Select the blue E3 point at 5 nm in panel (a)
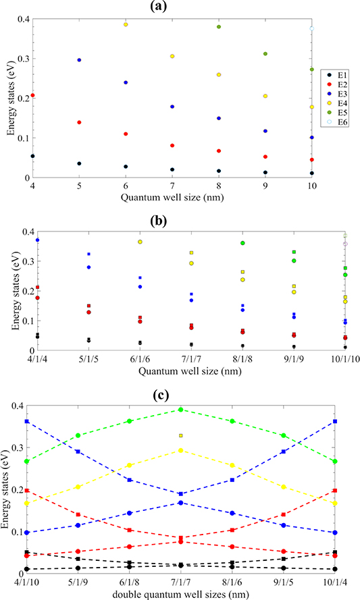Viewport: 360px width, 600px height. click(x=79, y=60)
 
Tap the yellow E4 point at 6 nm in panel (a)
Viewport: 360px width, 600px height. click(x=126, y=24)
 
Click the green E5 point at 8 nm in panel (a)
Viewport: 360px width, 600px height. click(x=219, y=27)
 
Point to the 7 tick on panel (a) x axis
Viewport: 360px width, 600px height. click(x=172, y=187)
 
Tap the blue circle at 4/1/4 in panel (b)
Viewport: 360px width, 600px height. click(x=38, y=240)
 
